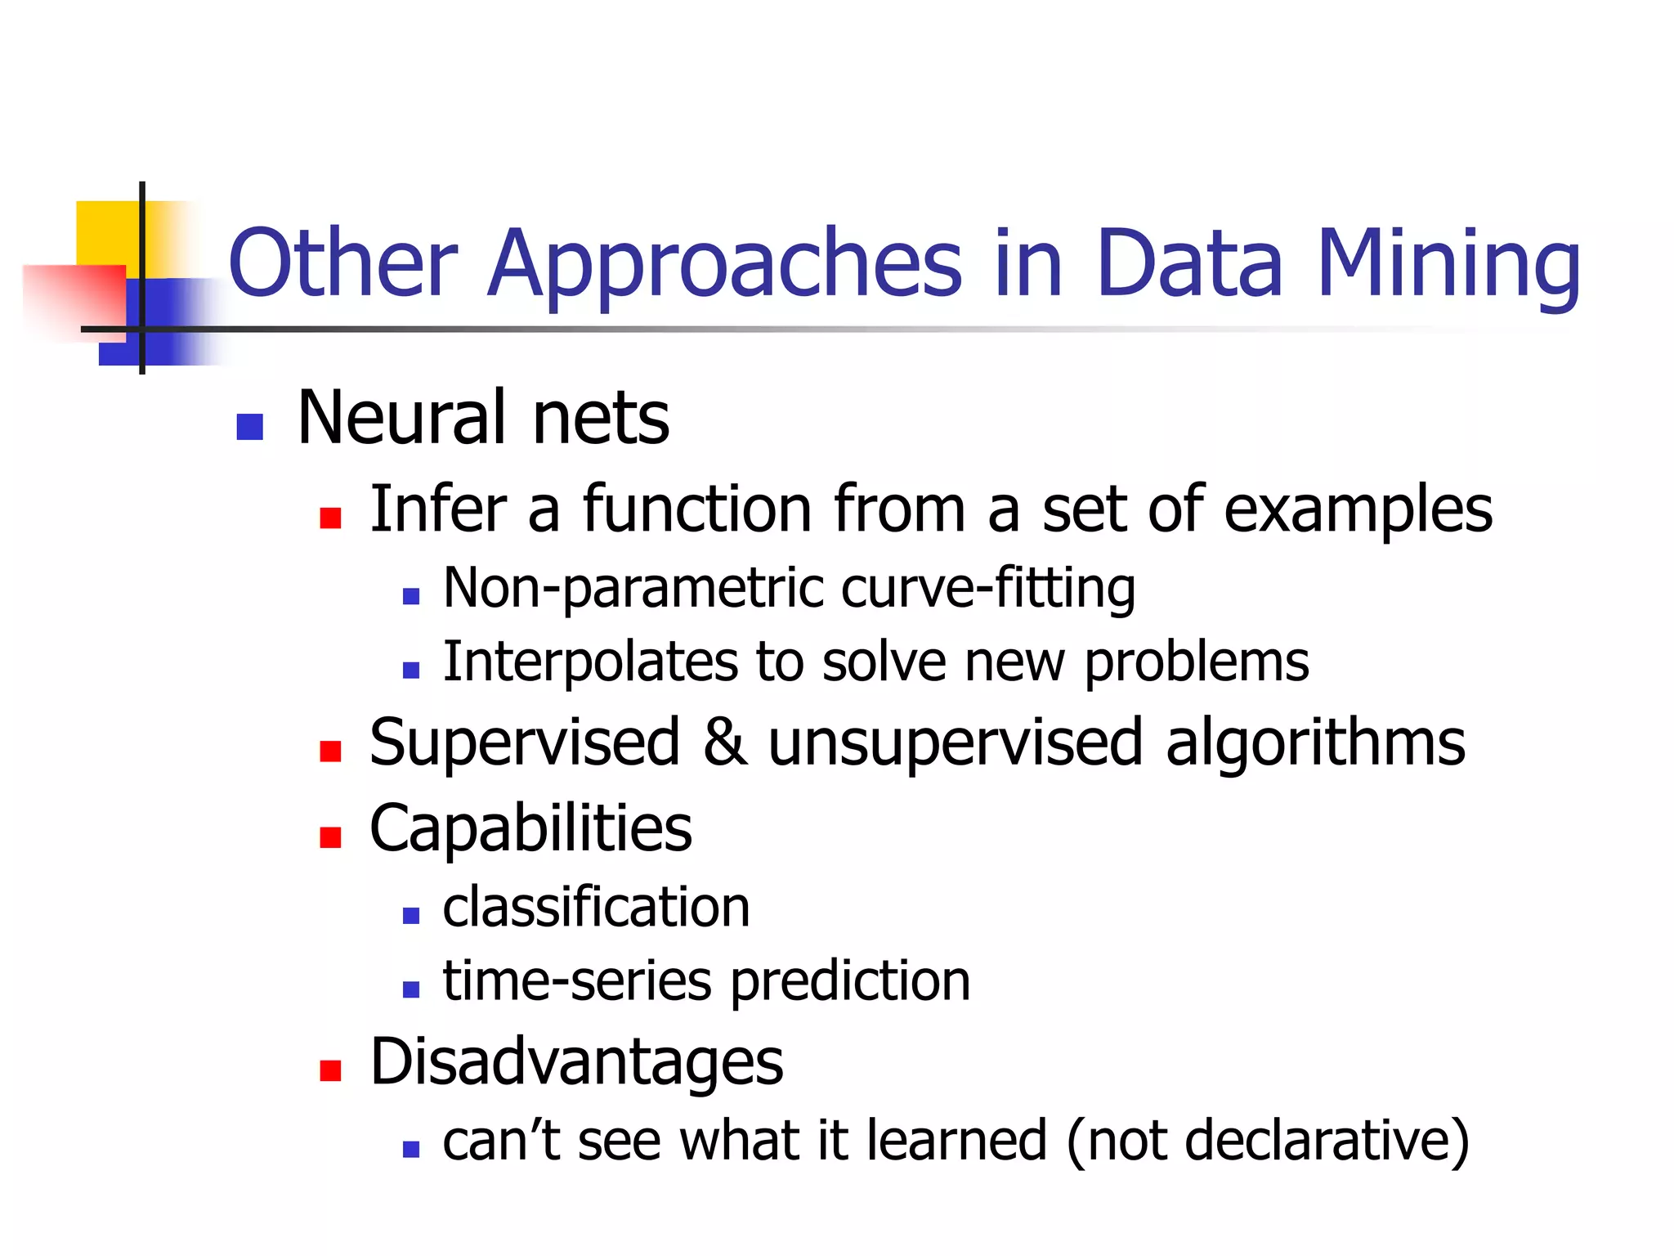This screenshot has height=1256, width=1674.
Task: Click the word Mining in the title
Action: coord(1448,263)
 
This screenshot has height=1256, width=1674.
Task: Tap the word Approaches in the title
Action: coord(725,263)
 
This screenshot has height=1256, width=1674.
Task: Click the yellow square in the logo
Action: coord(106,232)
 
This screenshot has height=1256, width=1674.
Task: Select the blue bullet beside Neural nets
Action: coord(249,427)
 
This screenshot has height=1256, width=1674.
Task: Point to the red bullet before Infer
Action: coord(330,518)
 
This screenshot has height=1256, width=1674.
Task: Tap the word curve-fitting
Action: coord(988,588)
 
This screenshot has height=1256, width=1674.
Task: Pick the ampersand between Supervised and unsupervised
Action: coord(724,742)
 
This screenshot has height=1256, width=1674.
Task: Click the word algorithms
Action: coord(1315,742)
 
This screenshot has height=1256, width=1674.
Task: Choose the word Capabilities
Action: coord(530,828)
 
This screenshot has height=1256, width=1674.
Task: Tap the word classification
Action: coord(596,907)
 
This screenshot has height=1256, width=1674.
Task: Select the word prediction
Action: coord(850,981)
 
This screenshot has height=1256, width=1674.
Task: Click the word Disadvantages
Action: coord(576,1061)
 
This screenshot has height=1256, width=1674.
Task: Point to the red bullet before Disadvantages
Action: coord(330,1070)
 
